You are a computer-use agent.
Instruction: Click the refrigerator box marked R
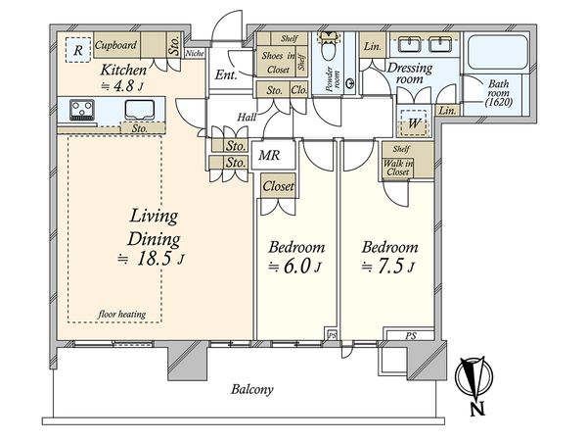(78, 50)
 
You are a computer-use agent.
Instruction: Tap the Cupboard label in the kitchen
(115, 45)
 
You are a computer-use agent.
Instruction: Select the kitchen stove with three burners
(82, 110)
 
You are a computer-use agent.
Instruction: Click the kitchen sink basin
(140, 110)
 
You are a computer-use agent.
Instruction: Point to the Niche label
(195, 53)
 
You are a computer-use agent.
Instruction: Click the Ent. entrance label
(226, 75)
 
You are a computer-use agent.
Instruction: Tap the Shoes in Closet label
(278, 63)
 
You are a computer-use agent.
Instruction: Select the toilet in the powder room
(329, 47)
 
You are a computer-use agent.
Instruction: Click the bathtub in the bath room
(497, 52)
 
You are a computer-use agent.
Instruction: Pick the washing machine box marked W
(414, 122)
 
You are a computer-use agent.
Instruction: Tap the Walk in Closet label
(398, 168)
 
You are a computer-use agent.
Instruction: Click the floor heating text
(121, 315)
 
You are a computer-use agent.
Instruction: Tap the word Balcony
(252, 390)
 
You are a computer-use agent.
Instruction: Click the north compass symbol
(474, 377)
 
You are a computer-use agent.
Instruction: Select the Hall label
(247, 117)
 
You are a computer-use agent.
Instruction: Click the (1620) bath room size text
(499, 102)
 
